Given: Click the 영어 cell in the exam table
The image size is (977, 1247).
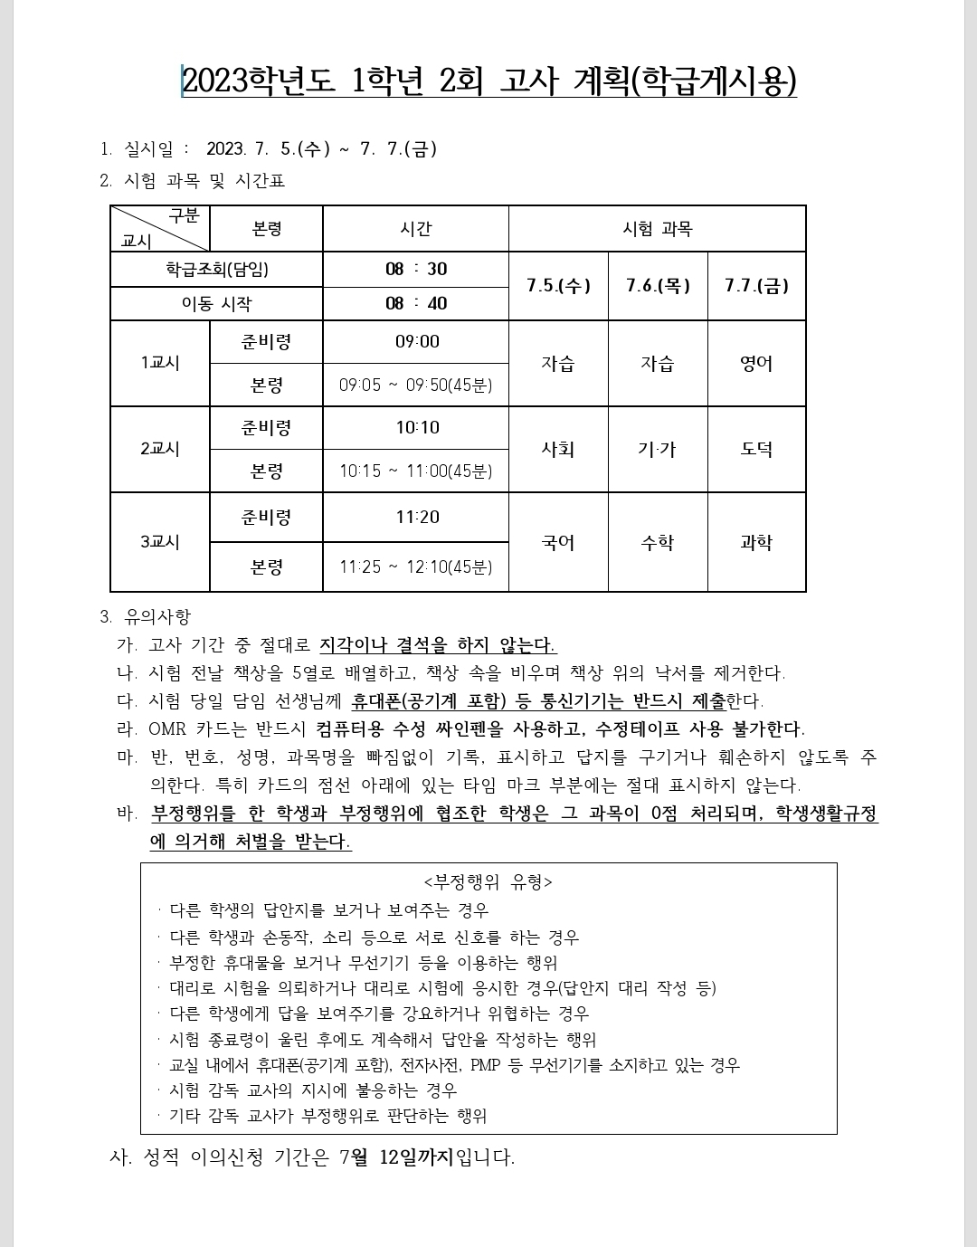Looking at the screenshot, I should click(756, 364).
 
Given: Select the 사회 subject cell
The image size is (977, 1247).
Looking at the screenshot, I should click(558, 450).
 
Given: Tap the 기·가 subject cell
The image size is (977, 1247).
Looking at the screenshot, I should click(658, 450).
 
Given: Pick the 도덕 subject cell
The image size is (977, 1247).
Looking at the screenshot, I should click(756, 450).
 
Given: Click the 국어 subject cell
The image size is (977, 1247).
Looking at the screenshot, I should click(558, 543).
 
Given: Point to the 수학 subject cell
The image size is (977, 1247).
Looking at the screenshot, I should click(658, 543).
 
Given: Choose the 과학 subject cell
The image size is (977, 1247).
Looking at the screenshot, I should click(756, 543).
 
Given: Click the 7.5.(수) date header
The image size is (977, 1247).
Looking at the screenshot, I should click(558, 286).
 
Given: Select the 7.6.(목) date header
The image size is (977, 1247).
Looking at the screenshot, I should click(658, 286).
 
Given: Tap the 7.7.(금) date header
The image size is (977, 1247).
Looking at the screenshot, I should click(756, 286).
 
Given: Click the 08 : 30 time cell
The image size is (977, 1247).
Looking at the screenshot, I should click(416, 270).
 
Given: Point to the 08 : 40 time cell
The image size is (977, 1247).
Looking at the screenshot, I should click(416, 304).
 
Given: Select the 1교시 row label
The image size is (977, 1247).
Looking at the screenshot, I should click(160, 363).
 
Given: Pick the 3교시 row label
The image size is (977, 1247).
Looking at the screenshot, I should click(160, 542).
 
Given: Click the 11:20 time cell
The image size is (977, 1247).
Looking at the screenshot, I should click(417, 518).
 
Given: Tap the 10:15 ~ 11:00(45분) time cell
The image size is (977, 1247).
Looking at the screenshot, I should click(416, 471).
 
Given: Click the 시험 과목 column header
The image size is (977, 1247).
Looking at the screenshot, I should click(657, 229).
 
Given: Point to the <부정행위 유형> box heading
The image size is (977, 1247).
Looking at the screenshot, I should click(488, 881).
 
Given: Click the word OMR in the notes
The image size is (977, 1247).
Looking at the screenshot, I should click(166, 729).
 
